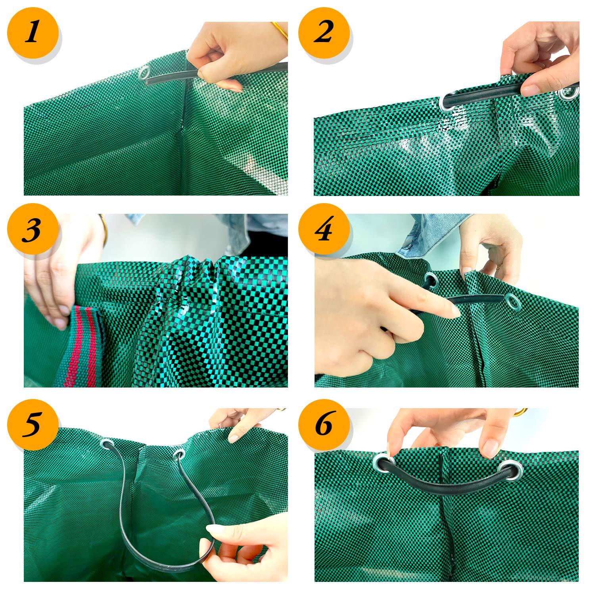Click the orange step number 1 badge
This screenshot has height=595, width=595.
click(x=32, y=33)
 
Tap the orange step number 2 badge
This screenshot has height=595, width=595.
click(x=324, y=33)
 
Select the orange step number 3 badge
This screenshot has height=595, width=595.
click(x=32, y=229)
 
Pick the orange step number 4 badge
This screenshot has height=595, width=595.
click(x=324, y=229)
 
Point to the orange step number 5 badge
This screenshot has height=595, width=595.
click(x=32, y=424)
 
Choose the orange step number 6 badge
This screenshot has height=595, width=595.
click(x=324, y=424)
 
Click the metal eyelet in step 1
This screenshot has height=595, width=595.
click(x=144, y=73)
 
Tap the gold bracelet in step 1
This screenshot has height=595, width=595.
click(x=280, y=30)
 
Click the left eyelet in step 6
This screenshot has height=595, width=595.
click(x=383, y=461)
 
